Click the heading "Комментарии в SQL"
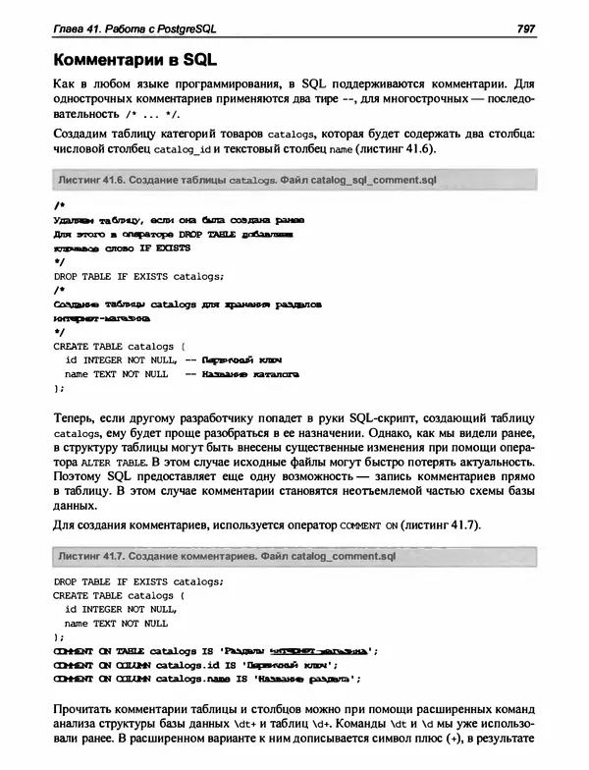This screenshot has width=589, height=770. [x=134, y=59]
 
